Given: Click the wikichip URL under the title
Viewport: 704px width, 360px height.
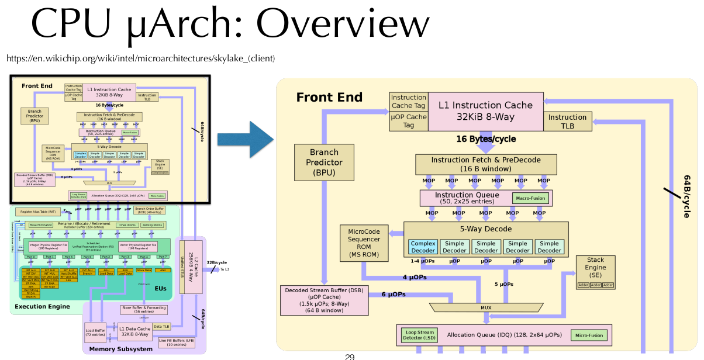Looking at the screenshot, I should [140, 59].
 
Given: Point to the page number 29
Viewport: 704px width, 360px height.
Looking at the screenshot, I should [350, 356].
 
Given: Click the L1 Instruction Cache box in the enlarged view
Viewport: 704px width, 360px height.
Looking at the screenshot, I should [485, 111].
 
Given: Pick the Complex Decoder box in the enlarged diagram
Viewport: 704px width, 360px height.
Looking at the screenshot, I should [423, 247].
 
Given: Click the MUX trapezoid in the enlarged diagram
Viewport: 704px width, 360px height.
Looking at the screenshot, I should [486, 307].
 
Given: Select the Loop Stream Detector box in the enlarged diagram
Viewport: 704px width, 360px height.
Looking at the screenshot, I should [419, 335].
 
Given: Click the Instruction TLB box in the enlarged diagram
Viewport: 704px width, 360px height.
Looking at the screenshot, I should [567, 122].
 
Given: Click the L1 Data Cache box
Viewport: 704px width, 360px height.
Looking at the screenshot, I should [134, 331].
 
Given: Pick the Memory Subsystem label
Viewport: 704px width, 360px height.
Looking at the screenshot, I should [120, 349].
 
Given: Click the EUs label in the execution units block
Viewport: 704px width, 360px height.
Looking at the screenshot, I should [160, 288].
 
